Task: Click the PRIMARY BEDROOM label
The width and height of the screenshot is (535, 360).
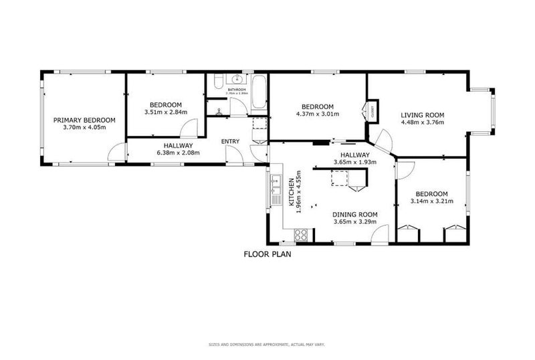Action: click(x=84, y=120)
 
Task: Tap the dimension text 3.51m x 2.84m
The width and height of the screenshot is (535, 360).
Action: click(x=165, y=112)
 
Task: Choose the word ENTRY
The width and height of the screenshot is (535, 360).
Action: click(x=230, y=141)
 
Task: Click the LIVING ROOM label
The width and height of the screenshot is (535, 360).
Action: click(x=422, y=114)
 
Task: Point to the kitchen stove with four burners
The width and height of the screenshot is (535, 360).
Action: click(x=301, y=235)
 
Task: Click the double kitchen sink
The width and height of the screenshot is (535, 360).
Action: click(x=276, y=189)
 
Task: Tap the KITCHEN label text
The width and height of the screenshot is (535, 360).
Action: click(x=292, y=191)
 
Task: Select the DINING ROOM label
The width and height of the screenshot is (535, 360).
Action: click(x=355, y=215)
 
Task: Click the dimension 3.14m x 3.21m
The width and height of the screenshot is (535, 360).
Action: click(x=429, y=201)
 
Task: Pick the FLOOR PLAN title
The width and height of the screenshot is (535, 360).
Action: click(x=267, y=254)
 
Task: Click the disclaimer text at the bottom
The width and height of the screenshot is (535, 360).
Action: click(x=267, y=345)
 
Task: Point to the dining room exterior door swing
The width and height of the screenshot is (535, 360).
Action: click(x=379, y=234)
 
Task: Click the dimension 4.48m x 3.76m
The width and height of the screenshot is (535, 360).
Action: click(x=422, y=122)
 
